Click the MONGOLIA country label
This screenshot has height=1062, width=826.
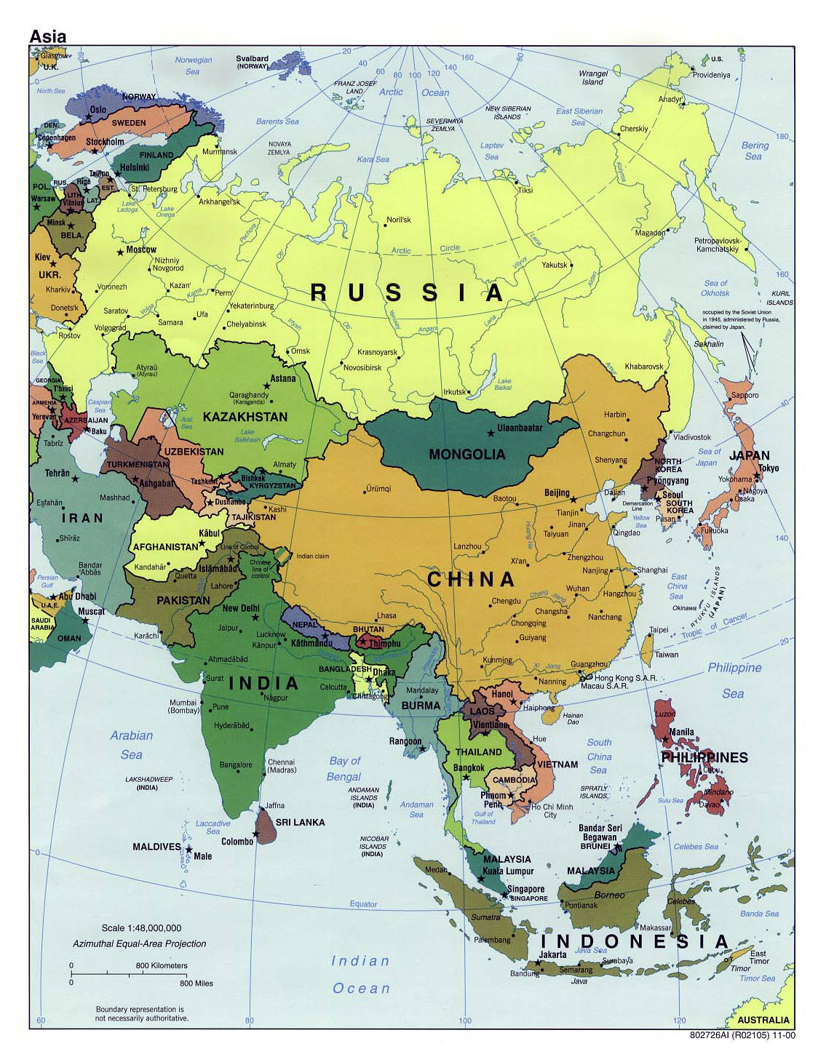[466, 455]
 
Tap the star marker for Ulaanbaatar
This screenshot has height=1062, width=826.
[491, 433]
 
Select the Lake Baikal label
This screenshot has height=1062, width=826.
[504, 384]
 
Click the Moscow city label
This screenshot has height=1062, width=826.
[141, 249]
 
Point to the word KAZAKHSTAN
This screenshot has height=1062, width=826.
[245, 417]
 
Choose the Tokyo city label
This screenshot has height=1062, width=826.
[768, 468]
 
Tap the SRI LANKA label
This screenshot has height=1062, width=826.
[300, 822]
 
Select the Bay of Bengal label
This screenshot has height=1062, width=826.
[344, 769]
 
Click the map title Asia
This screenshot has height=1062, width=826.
[48, 36]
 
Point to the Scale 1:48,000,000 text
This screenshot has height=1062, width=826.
[141, 928]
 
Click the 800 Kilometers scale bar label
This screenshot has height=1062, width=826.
[162, 966]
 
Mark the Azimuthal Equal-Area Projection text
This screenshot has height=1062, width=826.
[139, 943]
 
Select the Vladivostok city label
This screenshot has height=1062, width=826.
[692, 437]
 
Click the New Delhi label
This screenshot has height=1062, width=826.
[241, 608]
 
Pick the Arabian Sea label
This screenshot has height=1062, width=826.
[132, 745]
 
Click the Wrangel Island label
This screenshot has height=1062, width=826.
[592, 77]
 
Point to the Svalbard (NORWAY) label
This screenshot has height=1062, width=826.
[252, 62]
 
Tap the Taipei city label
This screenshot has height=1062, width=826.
[658, 630]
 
